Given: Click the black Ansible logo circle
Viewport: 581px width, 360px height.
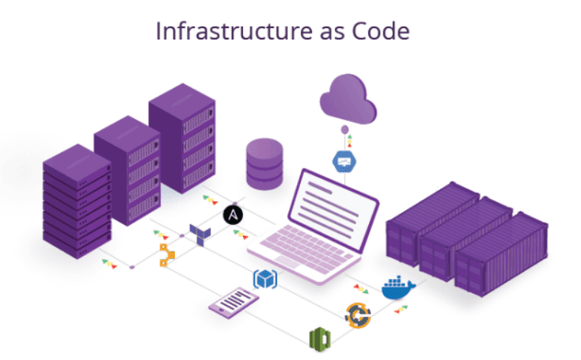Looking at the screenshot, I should tap(233, 215).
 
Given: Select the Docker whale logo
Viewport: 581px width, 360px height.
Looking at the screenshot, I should tap(398, 287).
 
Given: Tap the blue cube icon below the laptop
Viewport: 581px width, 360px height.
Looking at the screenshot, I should tap(264, 279).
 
